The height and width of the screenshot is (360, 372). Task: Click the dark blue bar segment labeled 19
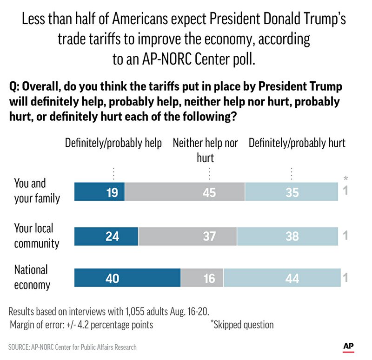click(100, 192)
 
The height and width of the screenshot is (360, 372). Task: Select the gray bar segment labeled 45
click(185, 192)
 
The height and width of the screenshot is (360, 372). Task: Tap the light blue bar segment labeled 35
click(292, 192)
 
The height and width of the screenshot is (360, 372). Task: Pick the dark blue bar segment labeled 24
click(106, 236)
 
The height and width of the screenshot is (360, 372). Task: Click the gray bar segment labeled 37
click(187, 236)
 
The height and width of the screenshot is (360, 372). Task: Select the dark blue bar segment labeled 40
click(127, 278)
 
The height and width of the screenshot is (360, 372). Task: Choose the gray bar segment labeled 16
click(202, 278)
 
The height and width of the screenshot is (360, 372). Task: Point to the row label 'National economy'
click(31, 277)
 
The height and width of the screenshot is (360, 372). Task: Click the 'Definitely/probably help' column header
click(113, 143)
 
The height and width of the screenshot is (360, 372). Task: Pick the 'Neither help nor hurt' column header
click(205, 150)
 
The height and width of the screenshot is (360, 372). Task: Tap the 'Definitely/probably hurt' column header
click(297, 143)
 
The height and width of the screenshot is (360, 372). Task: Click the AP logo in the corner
click(348, 346)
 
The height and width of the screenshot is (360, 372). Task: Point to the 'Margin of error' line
click(81, 325)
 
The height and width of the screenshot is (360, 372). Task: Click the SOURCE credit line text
click(73, 347)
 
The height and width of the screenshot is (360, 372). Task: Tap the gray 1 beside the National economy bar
click(345, 278)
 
